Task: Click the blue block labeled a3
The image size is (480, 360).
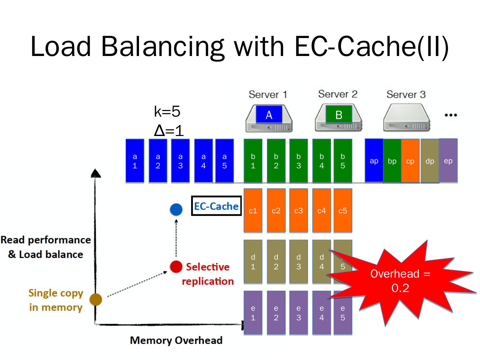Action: coord(180,161)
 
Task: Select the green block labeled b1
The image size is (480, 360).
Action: coord(253,161)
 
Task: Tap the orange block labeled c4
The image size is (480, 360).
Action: coord(321,210)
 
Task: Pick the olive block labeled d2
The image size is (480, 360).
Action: coord(276,261)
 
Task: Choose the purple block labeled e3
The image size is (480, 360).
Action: coord(299,313)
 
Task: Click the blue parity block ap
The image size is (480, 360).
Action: coord(374,161)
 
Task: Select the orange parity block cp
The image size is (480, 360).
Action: coord(410,161)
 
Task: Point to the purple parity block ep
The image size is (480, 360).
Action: coord(448,160)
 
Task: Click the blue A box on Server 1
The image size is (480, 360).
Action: coord(269,115)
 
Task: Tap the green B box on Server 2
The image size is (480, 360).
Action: coord(339,115)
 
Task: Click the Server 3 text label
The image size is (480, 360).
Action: coord(406,94)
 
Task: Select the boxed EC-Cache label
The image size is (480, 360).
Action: coord(216,206)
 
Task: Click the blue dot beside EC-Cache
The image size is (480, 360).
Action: coord(176,209)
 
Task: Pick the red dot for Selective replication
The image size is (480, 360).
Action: coord(176,267)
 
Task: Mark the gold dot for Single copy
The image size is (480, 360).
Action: coord(96,299)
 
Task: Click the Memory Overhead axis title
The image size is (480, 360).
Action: coord(176,340)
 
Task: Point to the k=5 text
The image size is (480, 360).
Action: coord(167,112)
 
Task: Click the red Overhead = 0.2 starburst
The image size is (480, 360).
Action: coord(400,281)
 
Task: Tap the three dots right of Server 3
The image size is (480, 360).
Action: coord(451,115)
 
